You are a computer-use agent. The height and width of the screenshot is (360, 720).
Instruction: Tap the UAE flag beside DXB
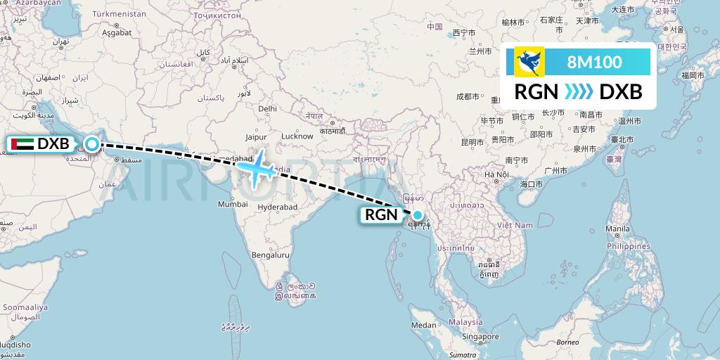[x=18, y=144]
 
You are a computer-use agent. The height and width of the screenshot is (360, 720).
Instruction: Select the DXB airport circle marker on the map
[x=92, y=145]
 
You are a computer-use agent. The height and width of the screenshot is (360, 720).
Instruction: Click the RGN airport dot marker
[x=418, y=215]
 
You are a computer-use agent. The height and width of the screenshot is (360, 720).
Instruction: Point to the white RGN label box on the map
[x=382, y=215]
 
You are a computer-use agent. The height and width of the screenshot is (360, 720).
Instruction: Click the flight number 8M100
[x=594, y=63]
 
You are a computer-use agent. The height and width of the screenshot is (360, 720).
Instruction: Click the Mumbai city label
[x=233, y=205]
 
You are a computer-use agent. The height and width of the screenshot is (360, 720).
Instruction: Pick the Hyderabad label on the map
[x=278, y=207]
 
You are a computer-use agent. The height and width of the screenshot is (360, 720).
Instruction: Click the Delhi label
[x=267, y=109]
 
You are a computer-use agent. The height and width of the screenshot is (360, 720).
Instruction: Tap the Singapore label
[x=480, y=337]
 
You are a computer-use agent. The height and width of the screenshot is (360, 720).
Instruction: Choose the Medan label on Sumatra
[x=424, y=325]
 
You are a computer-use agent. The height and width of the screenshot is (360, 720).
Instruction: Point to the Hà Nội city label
[x=496, y=174]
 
